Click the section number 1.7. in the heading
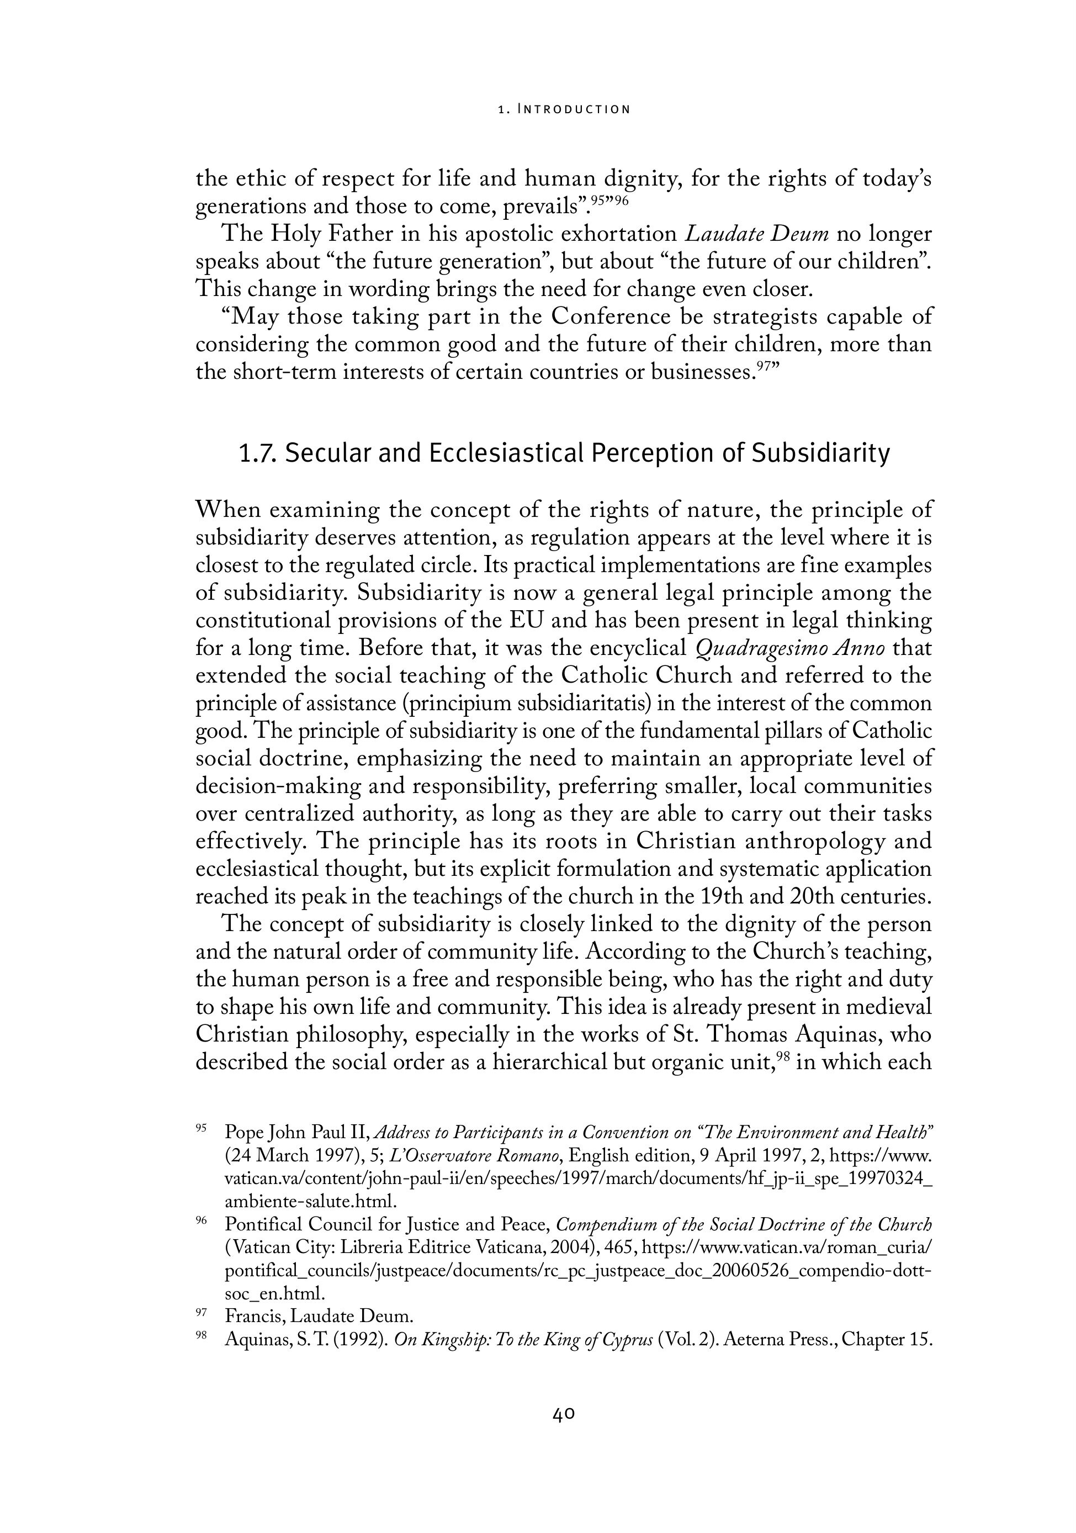click(x=258, y=453)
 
